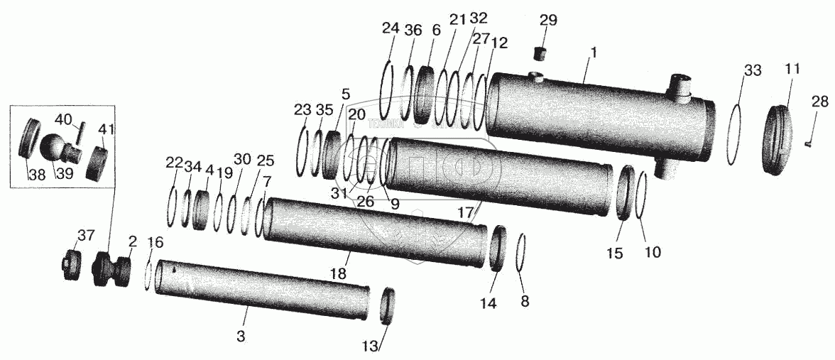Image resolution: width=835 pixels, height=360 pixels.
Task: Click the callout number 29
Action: point(548,21)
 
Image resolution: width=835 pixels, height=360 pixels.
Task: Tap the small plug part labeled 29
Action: point(542,53)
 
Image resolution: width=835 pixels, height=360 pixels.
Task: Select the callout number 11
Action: point(792,69)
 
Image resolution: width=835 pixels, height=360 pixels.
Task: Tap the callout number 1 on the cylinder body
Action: point(594,52)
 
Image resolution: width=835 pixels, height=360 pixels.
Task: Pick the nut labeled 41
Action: point(97,162)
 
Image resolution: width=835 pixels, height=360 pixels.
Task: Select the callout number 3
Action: point(241,336)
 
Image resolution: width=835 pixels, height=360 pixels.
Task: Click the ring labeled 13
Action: point(388,306)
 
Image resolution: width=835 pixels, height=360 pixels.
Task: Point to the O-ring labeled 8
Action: point(522,252)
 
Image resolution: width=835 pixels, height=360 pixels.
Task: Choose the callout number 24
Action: point(391,29)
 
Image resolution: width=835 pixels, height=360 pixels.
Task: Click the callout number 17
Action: point(465,212)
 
